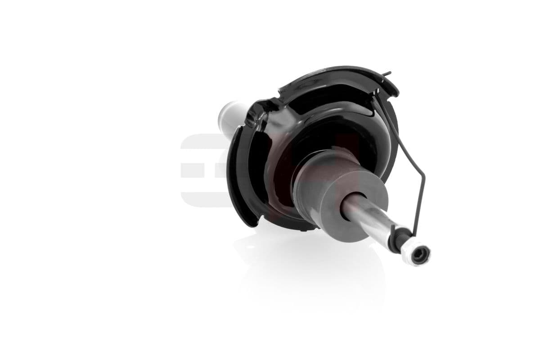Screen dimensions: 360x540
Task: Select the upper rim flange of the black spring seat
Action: click(x=337, y=76)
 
